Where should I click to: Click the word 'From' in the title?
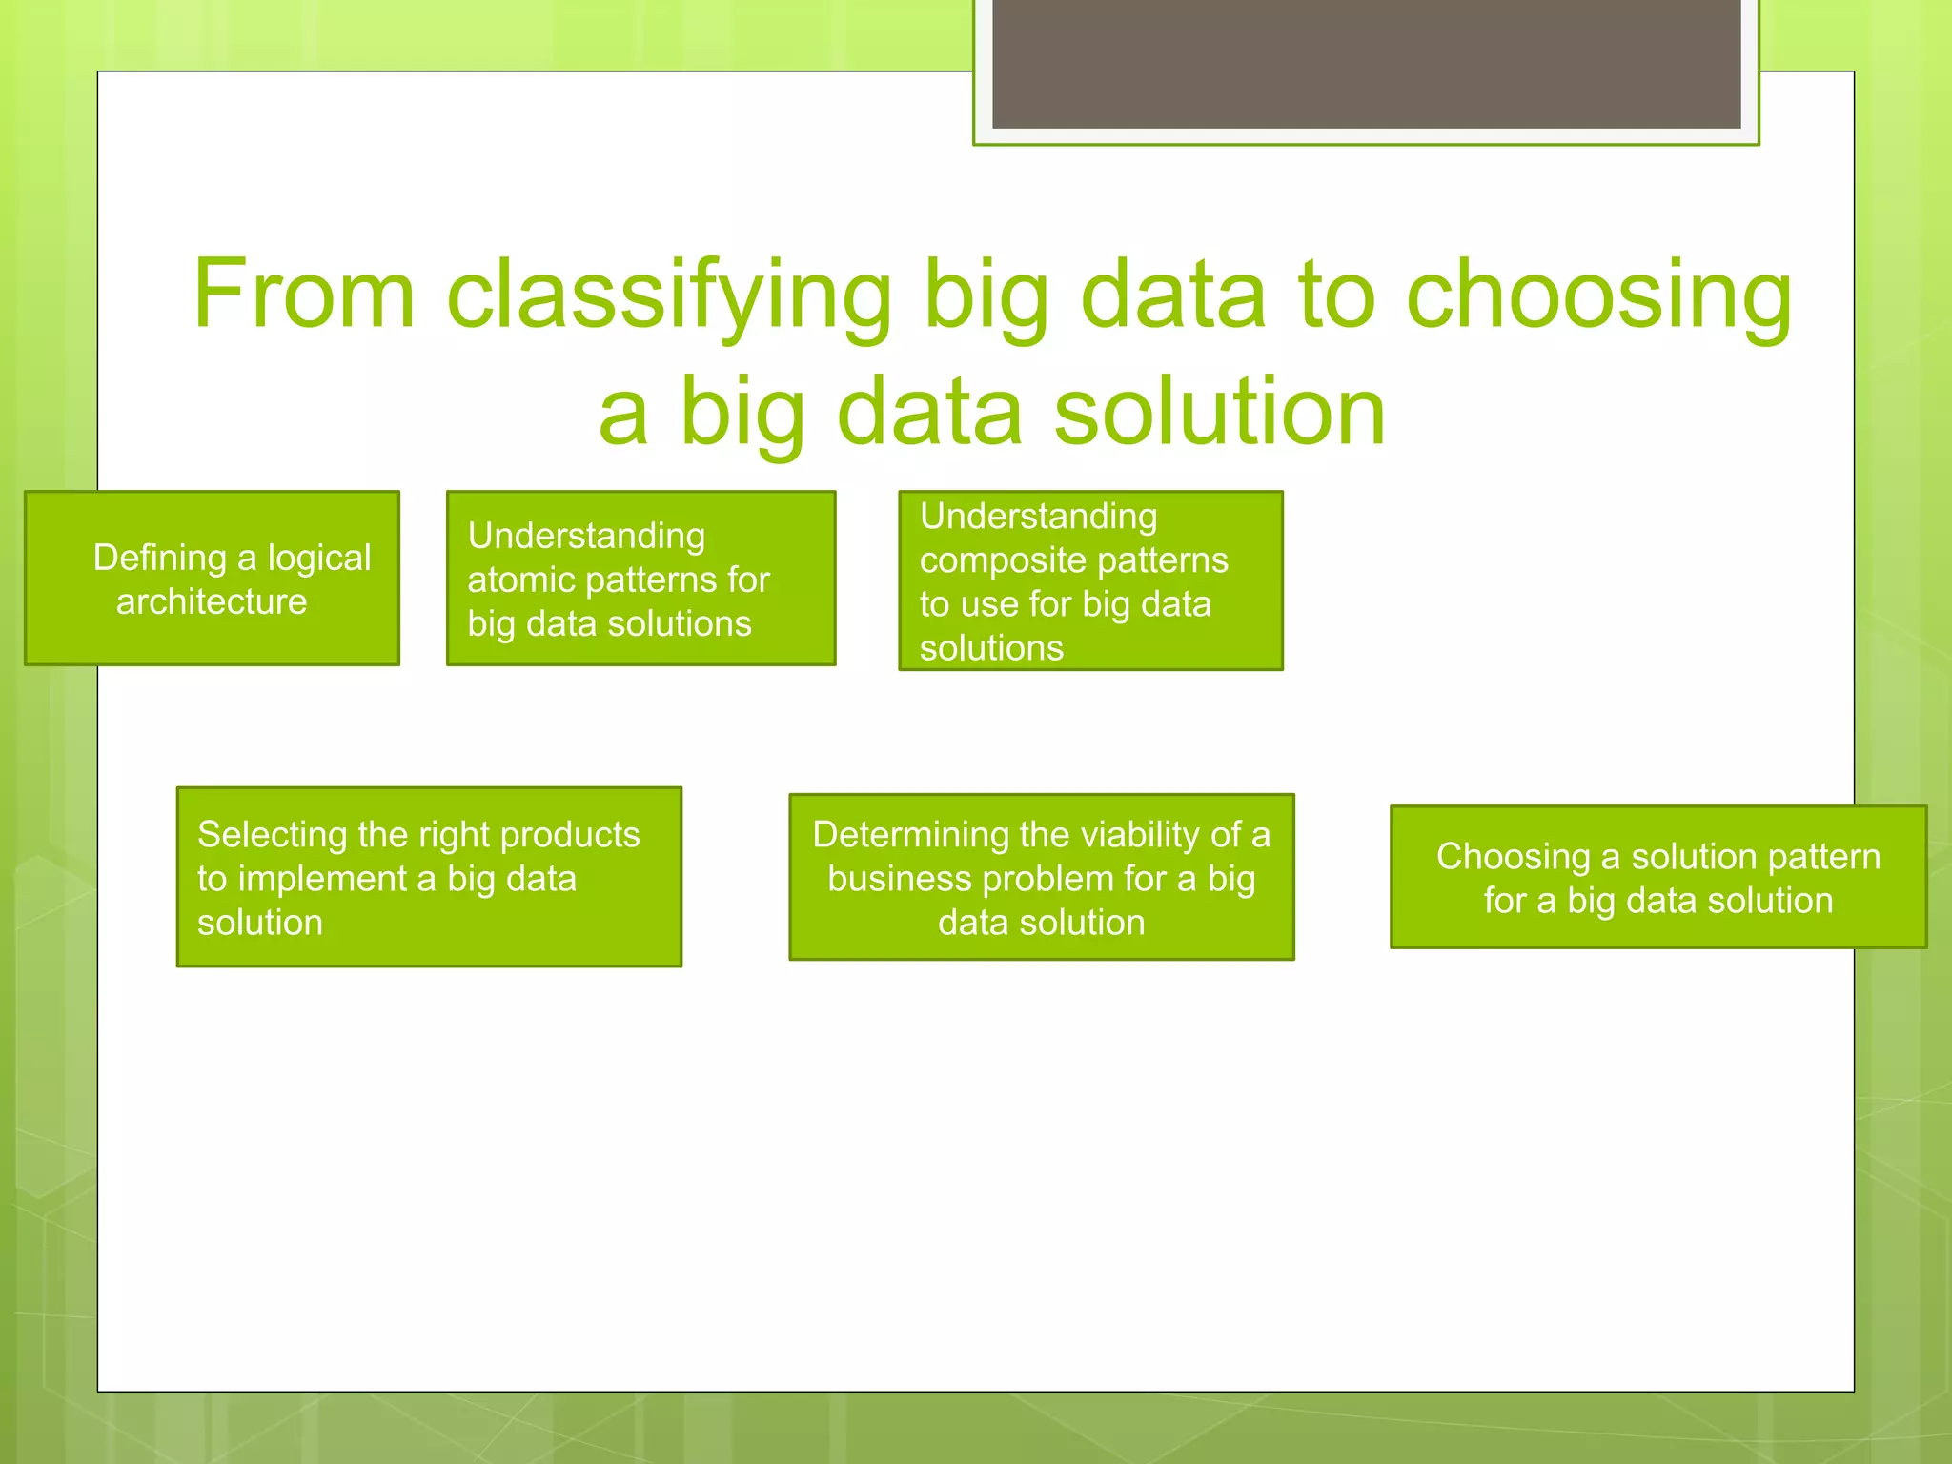(x=304, y=295)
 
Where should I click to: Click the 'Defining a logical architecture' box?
(x=212, y=579)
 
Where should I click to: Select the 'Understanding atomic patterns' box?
(x=640, y=579)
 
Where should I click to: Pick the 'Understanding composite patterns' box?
(x=1090, y=580)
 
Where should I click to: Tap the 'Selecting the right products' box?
(x=429, y=877)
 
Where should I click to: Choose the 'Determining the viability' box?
(x=1041, y=877)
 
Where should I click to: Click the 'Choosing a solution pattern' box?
(x=1657, y=877)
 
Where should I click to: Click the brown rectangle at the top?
(x=1366, y=63)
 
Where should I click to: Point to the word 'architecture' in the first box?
(x=212, y=601)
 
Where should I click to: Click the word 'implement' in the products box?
(x=322, y=879)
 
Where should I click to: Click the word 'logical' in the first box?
(x=319, y=558)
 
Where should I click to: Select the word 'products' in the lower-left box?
(x=570, y=835)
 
